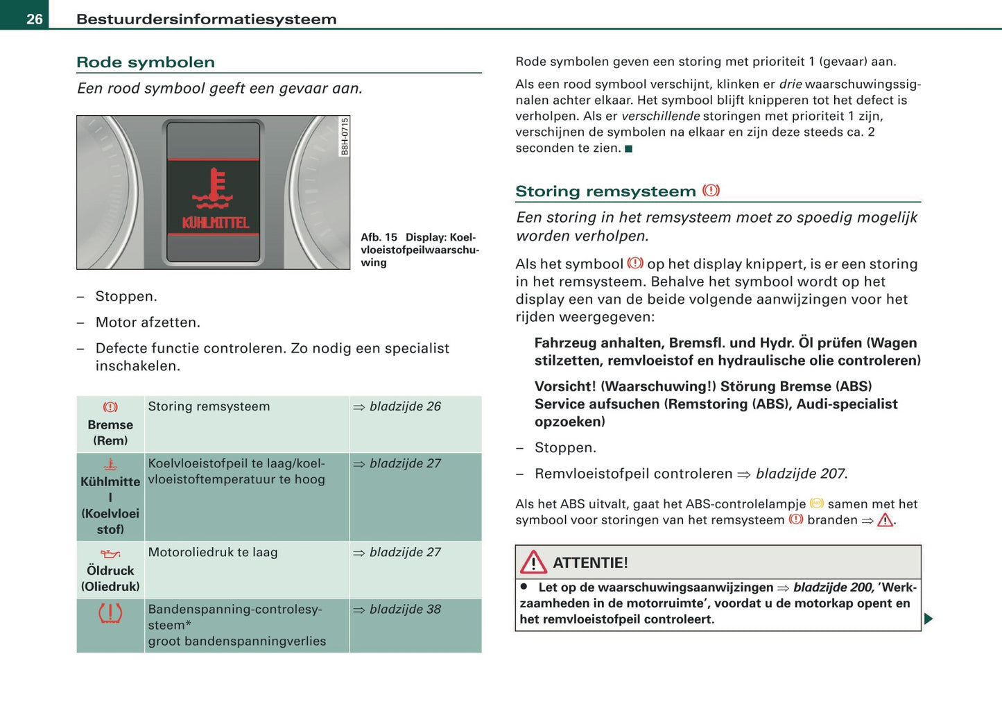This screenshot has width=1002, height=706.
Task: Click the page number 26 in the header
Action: pos(35,19)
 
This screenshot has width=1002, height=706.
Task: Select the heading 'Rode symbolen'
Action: pos(146,62)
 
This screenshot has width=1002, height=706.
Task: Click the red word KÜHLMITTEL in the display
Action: pos(215,223)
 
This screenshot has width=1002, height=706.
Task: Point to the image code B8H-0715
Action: pos(345,137)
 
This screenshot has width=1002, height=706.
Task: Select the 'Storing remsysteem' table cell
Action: pos(209,406)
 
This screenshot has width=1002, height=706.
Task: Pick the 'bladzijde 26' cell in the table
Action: pos(404,406)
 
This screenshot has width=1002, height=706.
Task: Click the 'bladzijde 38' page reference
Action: pos(404,609)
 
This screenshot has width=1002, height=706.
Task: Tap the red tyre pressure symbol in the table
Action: pos(110,613)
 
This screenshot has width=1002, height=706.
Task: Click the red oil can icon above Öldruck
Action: pos(110,554)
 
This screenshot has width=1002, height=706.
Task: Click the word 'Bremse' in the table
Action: pos(110,424)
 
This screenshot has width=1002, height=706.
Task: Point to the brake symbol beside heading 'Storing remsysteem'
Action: pos(711,191)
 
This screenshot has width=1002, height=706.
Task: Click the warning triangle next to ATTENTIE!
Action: pos(533,562)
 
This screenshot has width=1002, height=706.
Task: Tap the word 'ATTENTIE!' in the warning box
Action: pos(590,563)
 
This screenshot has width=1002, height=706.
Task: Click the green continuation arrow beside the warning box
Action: pos(928,619)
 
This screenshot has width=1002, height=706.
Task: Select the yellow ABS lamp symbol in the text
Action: pos(817,503)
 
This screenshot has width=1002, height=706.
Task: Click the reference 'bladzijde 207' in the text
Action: pos(800,474)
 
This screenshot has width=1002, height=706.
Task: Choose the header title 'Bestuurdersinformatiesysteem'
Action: pos(206,19)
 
